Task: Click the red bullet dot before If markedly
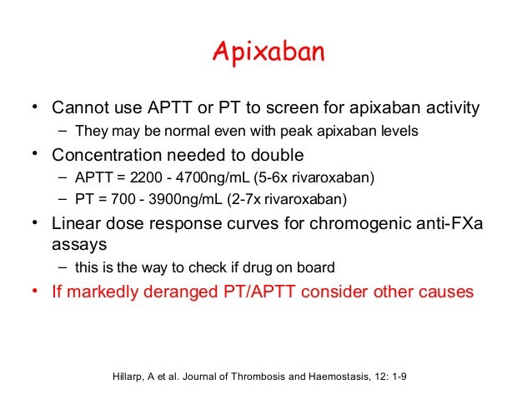(x=36, y=292)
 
